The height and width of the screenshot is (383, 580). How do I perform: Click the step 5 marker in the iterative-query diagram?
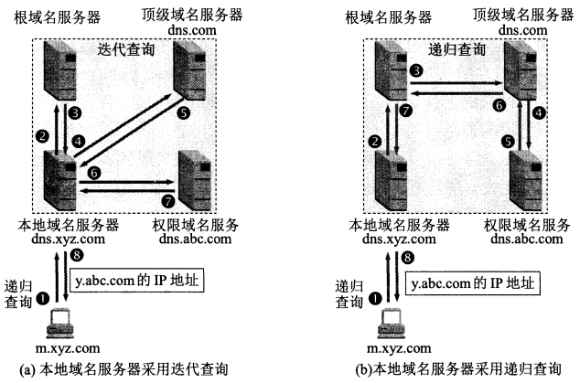184,112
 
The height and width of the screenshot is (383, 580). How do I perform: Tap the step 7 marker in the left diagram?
168,201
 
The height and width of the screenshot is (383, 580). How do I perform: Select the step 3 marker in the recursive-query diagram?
416,70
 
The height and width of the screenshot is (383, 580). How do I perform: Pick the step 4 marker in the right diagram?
539,112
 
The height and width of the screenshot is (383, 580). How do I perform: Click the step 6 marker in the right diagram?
499,106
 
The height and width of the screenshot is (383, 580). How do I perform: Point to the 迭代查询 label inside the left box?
125,49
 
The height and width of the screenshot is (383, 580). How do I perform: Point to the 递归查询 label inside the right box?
456,49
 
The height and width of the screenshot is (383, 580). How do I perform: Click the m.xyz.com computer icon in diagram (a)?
59,324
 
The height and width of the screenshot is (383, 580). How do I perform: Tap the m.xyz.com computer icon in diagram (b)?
392,324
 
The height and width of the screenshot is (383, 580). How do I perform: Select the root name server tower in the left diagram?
60,70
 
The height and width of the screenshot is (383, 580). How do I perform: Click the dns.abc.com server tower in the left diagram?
195,180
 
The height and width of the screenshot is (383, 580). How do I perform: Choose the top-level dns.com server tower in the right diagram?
520,70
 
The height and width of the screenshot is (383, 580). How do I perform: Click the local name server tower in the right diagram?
391,180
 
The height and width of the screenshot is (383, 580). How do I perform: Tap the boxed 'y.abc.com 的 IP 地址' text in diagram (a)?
137,281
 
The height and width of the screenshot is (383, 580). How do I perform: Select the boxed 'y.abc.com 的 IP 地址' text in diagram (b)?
473,283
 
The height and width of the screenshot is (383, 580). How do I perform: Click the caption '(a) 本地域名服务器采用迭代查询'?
124,369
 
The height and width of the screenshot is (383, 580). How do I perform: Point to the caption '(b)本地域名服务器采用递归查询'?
458,369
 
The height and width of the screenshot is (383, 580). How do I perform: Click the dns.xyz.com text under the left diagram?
68,239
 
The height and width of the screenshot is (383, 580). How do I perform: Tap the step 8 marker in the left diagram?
77,255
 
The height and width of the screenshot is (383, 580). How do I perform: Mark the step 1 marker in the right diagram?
375,298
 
